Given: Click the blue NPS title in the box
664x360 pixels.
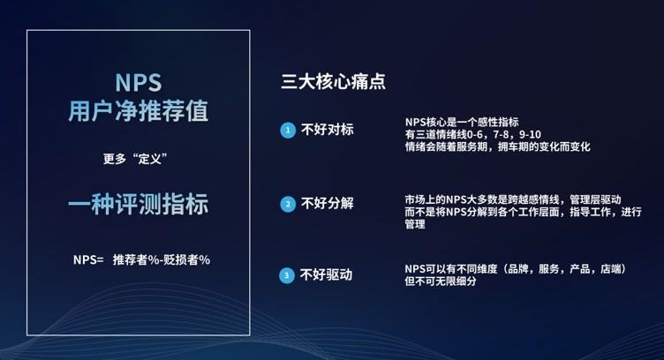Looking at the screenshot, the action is click(139, 82).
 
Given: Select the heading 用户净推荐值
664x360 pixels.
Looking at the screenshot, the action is click(139, 111).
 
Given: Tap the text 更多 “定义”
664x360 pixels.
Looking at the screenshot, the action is click(135, 159).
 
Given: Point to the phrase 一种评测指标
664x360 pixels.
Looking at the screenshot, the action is click(139, 205).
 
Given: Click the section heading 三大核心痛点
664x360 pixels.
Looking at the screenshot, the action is click(333, 81).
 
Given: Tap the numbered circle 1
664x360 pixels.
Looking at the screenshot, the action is click(288, 131).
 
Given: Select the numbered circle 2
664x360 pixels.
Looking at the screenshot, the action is click(288, 205).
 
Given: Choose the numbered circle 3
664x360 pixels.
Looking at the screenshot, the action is click(287, 276).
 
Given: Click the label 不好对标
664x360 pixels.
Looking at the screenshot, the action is click(327, 130).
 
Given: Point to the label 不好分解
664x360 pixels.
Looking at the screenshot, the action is click(327, 204).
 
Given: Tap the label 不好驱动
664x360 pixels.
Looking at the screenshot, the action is click(326, 275).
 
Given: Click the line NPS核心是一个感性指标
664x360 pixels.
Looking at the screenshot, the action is click(462, 123).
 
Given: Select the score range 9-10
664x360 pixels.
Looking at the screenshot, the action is click(530, 134).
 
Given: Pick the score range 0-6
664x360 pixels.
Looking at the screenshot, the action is click(474, 134).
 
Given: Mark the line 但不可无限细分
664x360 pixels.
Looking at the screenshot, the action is click(441, 281).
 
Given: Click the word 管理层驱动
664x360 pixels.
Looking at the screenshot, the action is click(595, 199).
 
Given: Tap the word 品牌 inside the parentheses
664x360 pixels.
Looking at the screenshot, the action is click(517, 269).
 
